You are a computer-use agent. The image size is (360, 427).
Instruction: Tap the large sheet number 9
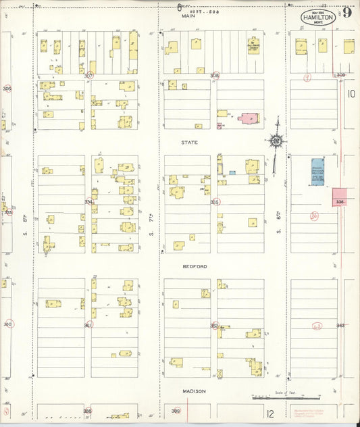point(346,12)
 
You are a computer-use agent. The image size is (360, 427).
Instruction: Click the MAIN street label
point(188,16)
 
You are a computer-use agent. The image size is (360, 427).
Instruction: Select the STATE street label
point(188,143)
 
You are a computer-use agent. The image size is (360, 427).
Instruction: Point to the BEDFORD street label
point(194,266)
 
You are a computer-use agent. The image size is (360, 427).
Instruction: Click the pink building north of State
point(247,119)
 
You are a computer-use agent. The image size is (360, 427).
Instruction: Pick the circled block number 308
point(215,76)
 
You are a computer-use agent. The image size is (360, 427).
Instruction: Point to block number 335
point(215,201)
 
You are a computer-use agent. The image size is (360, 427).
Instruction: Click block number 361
point(88,325)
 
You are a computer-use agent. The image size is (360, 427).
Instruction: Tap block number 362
point(214,325)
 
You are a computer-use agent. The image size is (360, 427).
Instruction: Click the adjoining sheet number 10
point(351,95)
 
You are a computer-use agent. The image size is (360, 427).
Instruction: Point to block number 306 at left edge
point(7,89)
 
